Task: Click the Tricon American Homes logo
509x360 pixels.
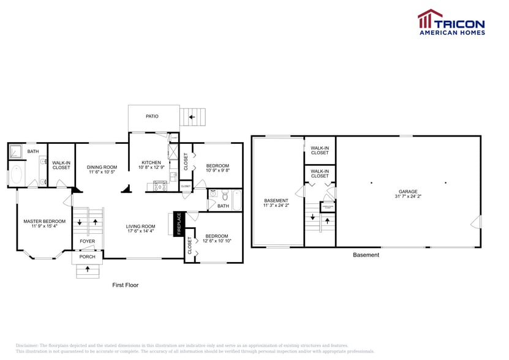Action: click(x=451, y=22)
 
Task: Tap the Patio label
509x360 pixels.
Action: click(x=151, y=116)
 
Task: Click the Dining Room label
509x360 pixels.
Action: click(x=102, y=167)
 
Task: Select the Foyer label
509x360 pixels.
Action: click(x=87, y=241)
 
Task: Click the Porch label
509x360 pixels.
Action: click(x=87, y=257)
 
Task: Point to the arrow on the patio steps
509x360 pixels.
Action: click(x=192, y=116)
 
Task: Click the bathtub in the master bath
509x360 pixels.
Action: click(x=15, y=174)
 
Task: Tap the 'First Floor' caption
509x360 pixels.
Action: click(x=125, y=285)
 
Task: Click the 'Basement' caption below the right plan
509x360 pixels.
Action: click(x=366, y=255)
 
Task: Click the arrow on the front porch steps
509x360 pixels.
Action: click(x=87, y=269)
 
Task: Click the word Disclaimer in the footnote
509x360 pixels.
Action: click(x=27, y=345)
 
